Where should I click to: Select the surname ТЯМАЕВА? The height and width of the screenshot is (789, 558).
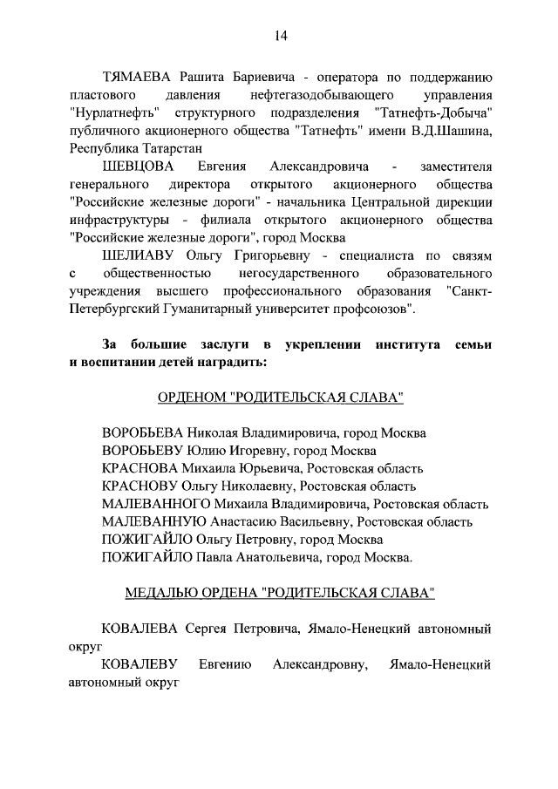click(137, 76)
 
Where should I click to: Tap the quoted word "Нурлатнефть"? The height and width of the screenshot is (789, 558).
click(108, 112)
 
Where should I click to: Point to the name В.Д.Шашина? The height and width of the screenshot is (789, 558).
click(452, 131)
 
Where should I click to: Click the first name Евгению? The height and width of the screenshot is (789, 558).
click(225, 665)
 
